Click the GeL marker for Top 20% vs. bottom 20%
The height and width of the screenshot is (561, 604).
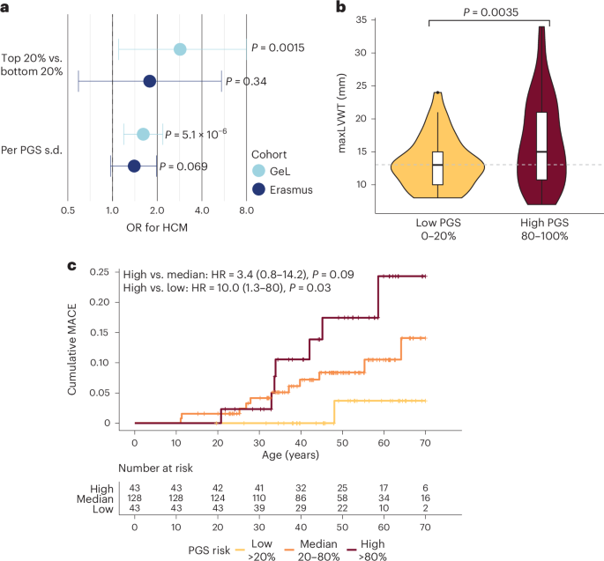click(x=180, y=48)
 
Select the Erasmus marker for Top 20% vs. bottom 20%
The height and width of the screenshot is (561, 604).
click(x=150, y=81)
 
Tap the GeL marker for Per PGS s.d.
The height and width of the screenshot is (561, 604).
click(x=143, y=134)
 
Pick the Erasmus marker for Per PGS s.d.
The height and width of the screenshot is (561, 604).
click(x=134, y=166)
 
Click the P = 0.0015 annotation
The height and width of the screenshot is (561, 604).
click(x=278, y=48)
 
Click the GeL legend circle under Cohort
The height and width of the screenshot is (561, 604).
click(x=258, y=171)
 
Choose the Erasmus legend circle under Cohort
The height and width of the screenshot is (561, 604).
click(x=258, y=188)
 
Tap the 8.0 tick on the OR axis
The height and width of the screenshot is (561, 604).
click(x=246, y=210)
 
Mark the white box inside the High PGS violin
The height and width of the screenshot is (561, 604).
click(x=541, y=145)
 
